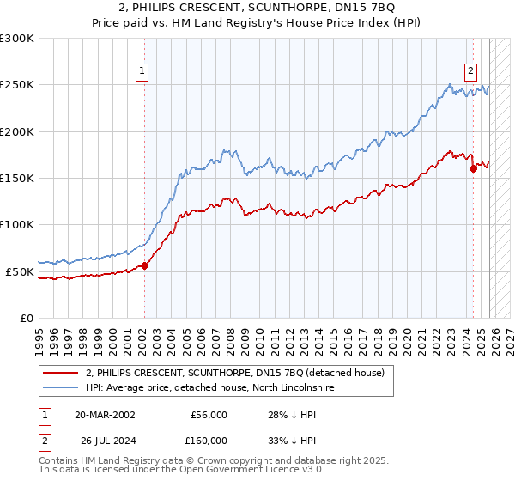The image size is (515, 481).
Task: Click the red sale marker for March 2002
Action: pyautogui.click(x=144, y=265)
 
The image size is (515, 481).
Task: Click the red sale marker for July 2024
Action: pyautogui.click(x=473, y=169)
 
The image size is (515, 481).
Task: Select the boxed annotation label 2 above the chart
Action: pyautogui.click(x=471, y=72)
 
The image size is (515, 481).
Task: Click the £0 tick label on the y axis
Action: pyautogui.click(x=26, y=318)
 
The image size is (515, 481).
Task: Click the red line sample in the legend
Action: pyautogui.click(x=62, y=373)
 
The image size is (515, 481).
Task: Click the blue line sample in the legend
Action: pyautogui.click(x=62, y=387)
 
